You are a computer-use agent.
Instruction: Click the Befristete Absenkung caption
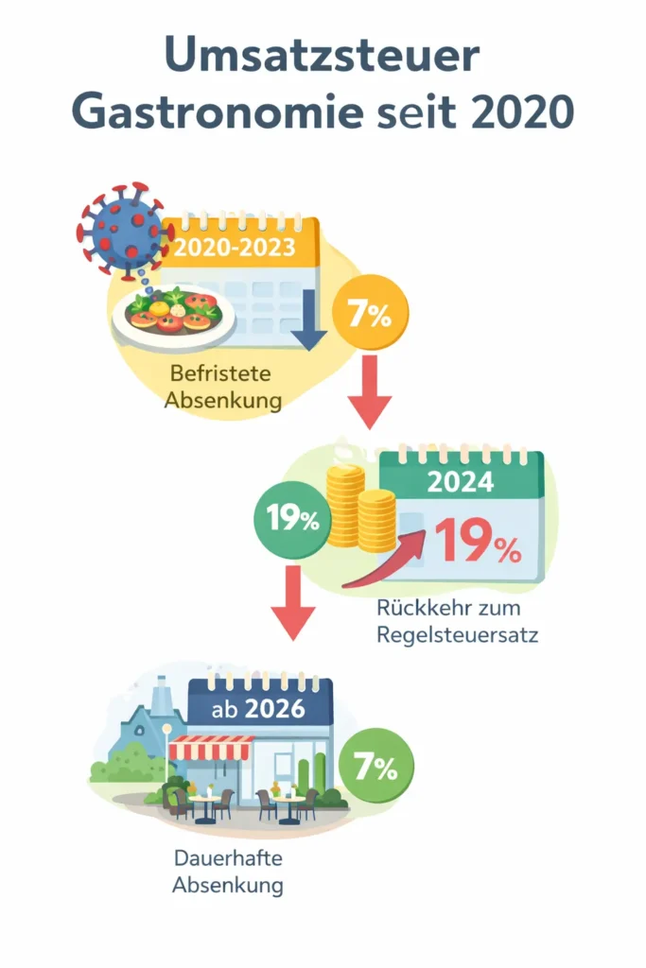pyautogui.click(x=223, y=385)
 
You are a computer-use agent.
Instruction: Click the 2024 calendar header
pyautogui.click(x=461, y=481)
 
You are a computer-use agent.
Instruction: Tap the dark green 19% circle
pyautogui.click(x=291, y=519)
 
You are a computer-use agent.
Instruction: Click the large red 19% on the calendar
pyautogui.click(x=478, y=542)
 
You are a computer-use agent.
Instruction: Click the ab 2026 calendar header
pyautogui.click(x=260, y=707)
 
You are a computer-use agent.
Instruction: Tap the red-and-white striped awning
pyautogui.click(x=209, y=747)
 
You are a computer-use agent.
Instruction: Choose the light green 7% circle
pyautogui.click(x=375, y=767)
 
